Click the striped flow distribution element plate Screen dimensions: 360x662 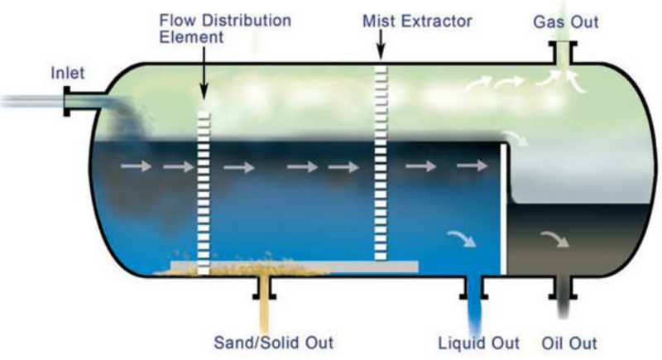[x=204, y=186]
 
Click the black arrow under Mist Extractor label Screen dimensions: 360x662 [x=381, y=50]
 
